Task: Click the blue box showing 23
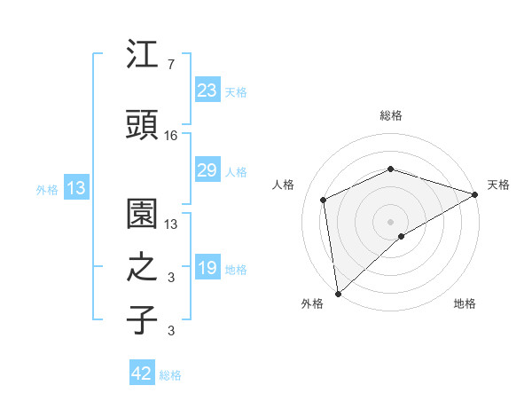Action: click(x=207, y=90)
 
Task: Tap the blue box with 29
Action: click(x=207, y=170)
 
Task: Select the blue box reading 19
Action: click(x=207, y=268)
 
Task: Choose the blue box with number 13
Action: click(x=75, y=188)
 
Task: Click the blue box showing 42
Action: click(x=142, y=374)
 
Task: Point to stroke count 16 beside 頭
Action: click(x=171, y=136)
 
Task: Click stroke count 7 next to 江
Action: click(x=170, y=66)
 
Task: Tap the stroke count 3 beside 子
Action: click(x=170, y=332)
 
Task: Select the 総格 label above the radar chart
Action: click(x=391, y=115)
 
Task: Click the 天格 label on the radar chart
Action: click(x=498, y=185)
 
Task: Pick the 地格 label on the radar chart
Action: click(x=465, y=303)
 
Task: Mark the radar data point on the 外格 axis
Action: click(x=337, y=293)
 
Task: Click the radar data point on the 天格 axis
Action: click(x=475, y=193)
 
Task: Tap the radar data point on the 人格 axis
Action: click(x=324, y=200)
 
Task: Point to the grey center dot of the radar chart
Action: click(x=390, y=221)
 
